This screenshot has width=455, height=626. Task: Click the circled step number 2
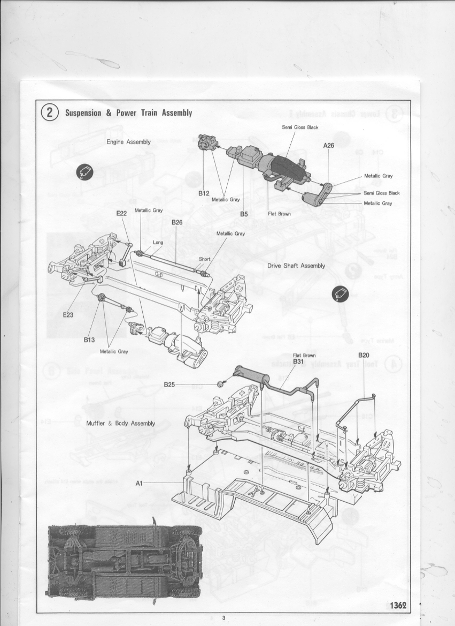tap(50, 113)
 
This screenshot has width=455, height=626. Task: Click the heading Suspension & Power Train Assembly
tap(128, 113)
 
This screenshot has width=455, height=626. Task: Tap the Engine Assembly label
tap(128, 142)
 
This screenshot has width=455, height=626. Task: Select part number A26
tap(328, 145)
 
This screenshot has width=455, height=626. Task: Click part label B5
tap(244, 214)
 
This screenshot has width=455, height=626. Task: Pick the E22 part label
tap(121, 213)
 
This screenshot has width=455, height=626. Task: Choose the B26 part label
tap(177, 222)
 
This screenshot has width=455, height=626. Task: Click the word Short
tap(204, 259)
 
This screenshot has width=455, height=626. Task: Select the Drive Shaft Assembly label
tap(296, 266)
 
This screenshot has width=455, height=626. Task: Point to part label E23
tap(68, 315)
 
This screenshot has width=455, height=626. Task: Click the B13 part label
tap(89, 339)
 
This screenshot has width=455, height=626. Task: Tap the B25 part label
tap(169, 384)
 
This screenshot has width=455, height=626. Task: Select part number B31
tap(298, 361)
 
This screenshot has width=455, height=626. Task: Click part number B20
tap(364, 355)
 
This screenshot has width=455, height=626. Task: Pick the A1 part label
tap(138, 482)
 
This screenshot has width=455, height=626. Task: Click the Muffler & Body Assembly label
tap(120, 423)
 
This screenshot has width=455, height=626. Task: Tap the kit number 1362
tap(398, 605)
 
